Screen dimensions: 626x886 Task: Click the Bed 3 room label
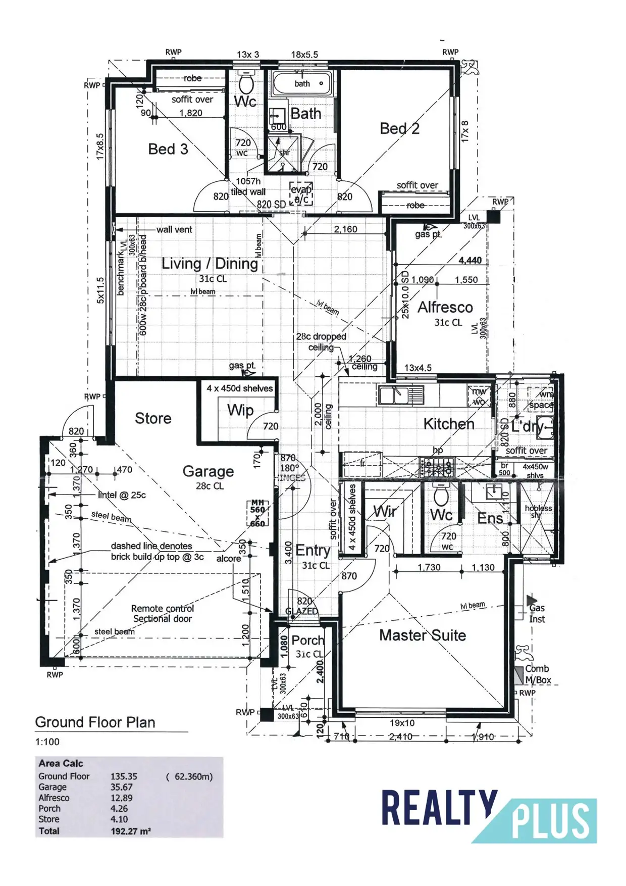coord(168,149)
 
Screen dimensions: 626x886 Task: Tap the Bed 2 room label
coord(399,129)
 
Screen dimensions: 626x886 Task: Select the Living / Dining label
coord(210,264)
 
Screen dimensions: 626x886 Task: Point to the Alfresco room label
coord(445,307)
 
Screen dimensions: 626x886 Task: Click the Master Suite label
coord(423,635)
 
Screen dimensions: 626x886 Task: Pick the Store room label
coord(153,418)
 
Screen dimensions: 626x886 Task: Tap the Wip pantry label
coord(240,410)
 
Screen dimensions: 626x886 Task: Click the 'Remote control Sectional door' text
coord(163,614)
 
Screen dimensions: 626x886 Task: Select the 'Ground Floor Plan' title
coord(95,722)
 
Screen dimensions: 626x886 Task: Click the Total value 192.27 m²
coord(131,831)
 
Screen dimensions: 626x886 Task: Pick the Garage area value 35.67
coord(122,787)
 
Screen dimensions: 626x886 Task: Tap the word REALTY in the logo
coord(439,810)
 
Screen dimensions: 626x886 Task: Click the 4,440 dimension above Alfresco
coord(470,260)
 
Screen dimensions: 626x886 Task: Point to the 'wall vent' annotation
coord(174,229)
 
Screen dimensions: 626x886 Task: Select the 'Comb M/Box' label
coord(538,674)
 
